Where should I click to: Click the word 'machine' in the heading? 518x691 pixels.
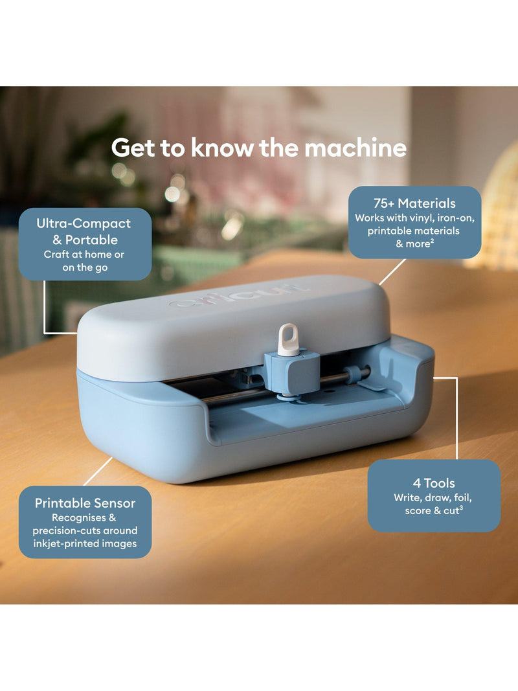(355, 148)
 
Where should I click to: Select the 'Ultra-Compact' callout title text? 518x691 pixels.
(84, 223)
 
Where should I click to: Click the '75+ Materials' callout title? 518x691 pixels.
(414, 203)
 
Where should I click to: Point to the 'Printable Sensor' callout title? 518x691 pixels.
(85, 503)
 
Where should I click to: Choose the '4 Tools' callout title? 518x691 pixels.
(434, 483)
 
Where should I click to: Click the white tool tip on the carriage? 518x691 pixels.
(289, 339)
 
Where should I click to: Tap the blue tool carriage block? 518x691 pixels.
(292, 372)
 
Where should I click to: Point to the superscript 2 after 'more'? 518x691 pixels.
(433, 241)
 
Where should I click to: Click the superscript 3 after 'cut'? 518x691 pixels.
(461, 508)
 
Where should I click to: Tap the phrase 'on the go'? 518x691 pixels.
(85, 267)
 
